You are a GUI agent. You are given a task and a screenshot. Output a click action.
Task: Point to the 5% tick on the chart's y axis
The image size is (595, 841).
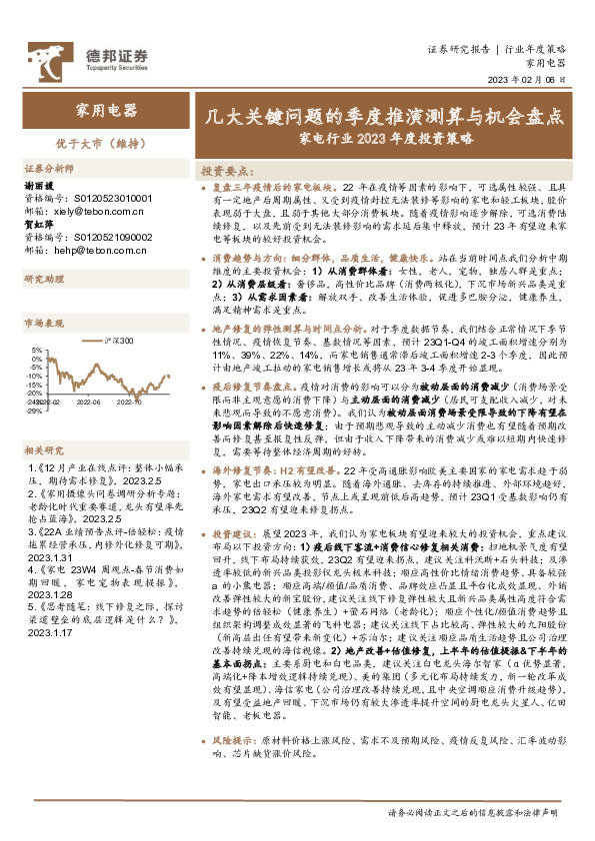click(37, 351)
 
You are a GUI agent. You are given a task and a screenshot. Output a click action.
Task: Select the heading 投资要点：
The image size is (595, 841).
click(224, 171)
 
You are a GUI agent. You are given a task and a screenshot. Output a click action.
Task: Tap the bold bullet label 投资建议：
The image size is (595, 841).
click(236, 534)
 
